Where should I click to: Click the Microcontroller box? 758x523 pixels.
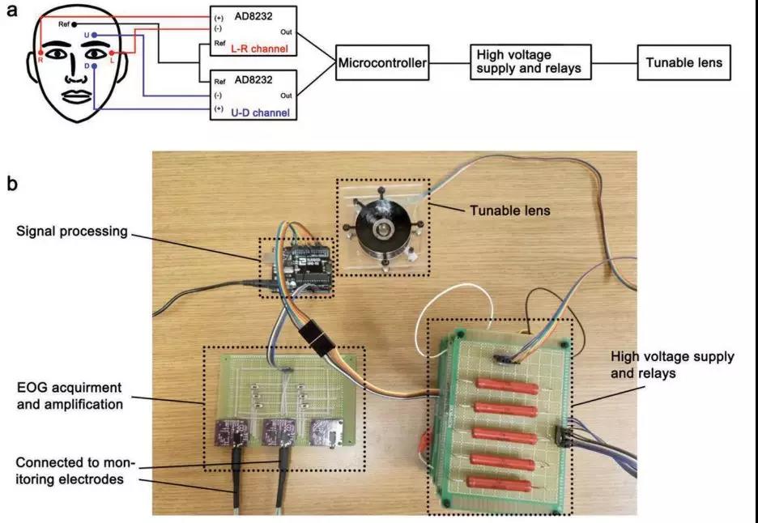tap(382, 63)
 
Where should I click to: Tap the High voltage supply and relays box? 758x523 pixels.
tap(529, 62)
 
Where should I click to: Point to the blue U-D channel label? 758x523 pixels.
tap(260, 113)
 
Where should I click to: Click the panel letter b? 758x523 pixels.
tap(12, 184)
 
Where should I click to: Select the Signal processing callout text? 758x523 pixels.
tap(72, 232)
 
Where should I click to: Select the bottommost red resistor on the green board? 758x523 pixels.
tap(505, 483)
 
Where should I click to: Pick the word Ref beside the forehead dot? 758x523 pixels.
tap(64, 25)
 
